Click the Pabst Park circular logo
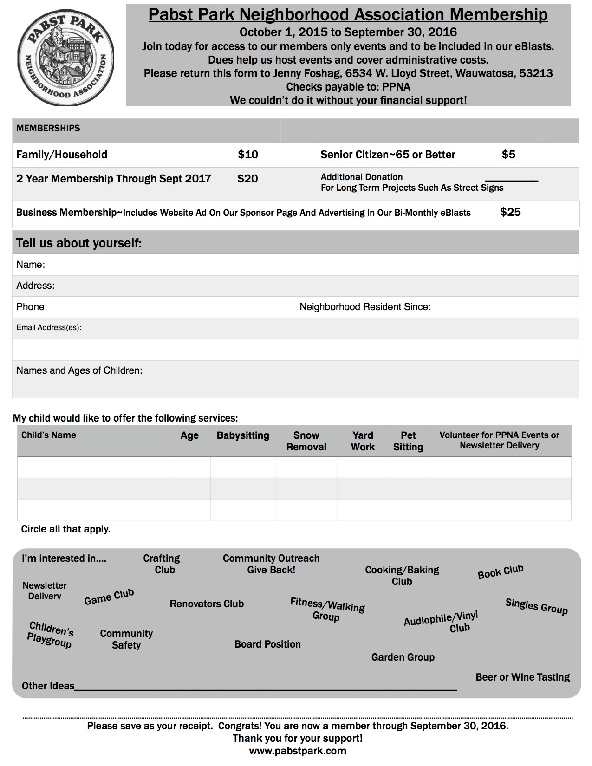coord(65,55)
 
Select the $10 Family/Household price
coord(248,155)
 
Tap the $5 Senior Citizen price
coord(508,155)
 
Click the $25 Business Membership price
coord(510,212)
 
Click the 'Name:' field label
coord(31,265)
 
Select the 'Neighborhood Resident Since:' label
coord(365,307)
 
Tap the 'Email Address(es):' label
coord(49,328)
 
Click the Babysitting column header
coord(243,435)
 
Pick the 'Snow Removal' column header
coord(306,441)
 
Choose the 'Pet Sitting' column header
coord(408,441)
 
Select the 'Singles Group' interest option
coord(536,606)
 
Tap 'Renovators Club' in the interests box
coord(207,604)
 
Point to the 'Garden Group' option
coord(403,657)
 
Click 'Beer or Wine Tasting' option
coord(522,677)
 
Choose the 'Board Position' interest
coord(267,644)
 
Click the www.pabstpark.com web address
coord(298,751)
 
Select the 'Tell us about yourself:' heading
coord(79,243)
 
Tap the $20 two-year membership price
coord(247,179)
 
